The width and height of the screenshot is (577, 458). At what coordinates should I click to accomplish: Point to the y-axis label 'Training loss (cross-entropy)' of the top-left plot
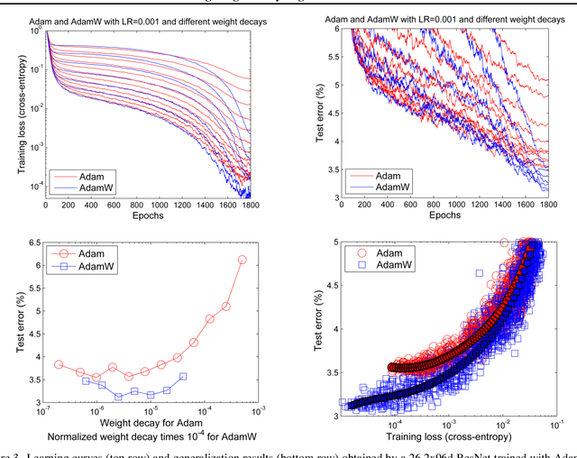click(11, 113)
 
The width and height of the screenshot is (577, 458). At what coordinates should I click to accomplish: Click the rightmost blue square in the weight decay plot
click(183, 376)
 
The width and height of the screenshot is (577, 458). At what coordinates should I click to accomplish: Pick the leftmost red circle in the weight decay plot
click(59, 364)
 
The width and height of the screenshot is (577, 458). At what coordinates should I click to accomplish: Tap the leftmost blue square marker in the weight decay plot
click(86, 380)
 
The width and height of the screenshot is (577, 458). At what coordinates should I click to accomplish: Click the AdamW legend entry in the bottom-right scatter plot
click(398, 267)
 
